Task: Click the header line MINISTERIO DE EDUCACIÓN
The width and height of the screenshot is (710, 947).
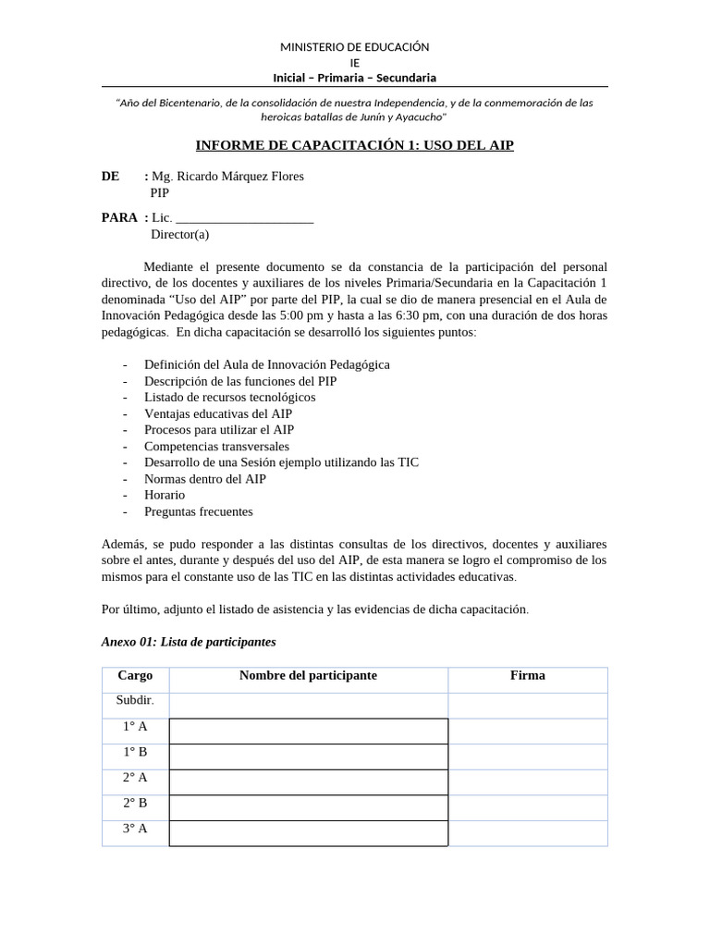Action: pyautogui.click(x=355, y=47)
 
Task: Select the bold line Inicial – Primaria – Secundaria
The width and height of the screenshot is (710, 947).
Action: pyautogui.click(x=355, y=78)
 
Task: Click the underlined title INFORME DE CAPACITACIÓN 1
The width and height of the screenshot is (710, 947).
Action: pyautogui.click(x=355, y=145)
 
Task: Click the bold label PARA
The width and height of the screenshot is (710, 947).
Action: pyautogui.click(x=119, y=217)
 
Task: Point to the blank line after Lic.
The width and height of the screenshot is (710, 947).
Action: pyautogui.click(x=244, y=218)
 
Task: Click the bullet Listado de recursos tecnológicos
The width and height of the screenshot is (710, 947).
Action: pyautogui.click(x=229, y=397)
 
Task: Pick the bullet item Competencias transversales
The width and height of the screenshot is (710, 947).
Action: pyautogui.click(x=216, y=446)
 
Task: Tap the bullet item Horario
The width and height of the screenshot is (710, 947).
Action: pyautogui.click(x=165, y=495)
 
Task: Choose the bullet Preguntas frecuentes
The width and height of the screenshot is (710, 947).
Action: pyautogui.click(x=198, y=511)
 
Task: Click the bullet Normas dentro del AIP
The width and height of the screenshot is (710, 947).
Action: pyautogui.click(x=204, y=479)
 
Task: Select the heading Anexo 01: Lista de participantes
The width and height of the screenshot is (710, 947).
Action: pyautogui.click(x=189, y=642)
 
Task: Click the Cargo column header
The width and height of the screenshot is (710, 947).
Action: pyautogui.click(x=135, y=676)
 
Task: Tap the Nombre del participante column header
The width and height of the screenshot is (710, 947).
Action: pyautogui.click(x=308, y=676)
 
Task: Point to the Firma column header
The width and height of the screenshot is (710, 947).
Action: pyautogui.click(x=527, y=676)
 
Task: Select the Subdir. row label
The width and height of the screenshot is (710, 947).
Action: pyautogui.click(x=135, y=700)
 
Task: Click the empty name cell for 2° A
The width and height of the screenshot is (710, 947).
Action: pyautogui.click(x=308, y=782)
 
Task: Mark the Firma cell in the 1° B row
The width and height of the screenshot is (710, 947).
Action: pyautogui.click(x=527, y=756)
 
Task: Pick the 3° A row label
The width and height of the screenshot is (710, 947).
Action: pyautogui.click(x=135, y=829)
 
